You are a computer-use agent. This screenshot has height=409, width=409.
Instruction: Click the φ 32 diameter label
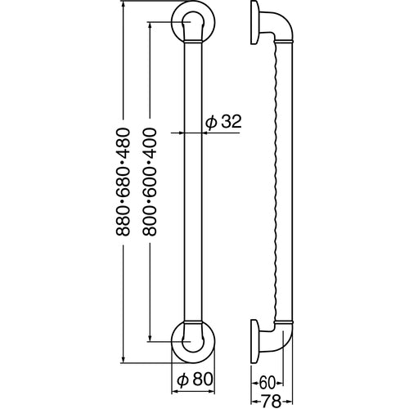[x=223, y=122]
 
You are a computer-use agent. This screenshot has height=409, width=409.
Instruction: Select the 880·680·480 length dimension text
[x=124, y=181]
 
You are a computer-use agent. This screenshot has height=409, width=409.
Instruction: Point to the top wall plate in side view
[x=254, y=22]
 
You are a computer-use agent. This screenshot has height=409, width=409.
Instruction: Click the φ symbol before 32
[x=211, y=122]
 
